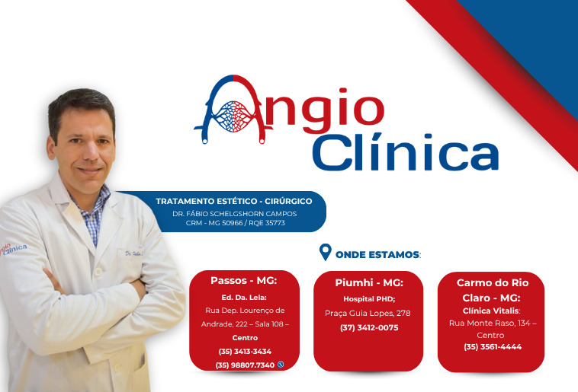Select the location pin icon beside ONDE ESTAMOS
pyautogui.click(x=326, y=253)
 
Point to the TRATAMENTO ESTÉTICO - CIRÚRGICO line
pyautogui.click(x=234, y=201)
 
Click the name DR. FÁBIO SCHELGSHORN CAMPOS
pyautogui.click(x=234, y=213)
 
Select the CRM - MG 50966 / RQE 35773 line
pyautogui.click(x=234, y=223)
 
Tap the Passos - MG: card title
pyautogui.click(x=243, y=280)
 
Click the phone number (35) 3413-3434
pyautogui.click(x=243, y=351)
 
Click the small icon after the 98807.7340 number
pyautogui.click(x=281, y=365)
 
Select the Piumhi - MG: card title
pyautogui.click(x=368, y=282)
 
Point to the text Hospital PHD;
pyautogui.click(x=368, y=298)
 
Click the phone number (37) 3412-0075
pyautogui.click(x=368, y=328)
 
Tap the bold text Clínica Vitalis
pyautogui.click(x=490, y=311)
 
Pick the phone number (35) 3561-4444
pyautogui.click(x=492, y=347)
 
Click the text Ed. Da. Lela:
pyautogui.click(x=243, y=297)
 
